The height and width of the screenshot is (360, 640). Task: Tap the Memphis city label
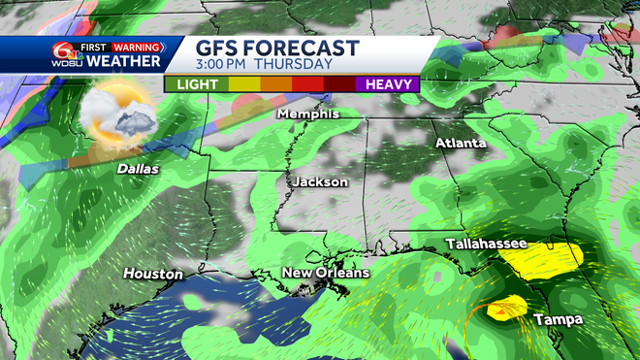308,114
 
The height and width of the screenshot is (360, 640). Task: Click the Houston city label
153,275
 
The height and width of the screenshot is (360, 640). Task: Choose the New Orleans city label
325,274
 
